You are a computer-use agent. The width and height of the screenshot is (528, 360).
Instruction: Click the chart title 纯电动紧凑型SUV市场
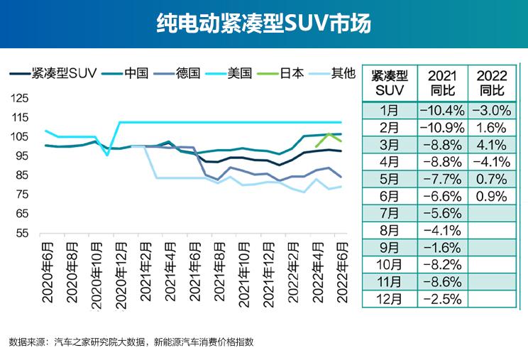pyautogui.click(x=263, y=24)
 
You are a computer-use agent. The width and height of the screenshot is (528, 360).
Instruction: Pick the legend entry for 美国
pyautogui.click(x=240, y=72)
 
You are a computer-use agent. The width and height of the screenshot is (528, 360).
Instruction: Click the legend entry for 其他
pyautogui.click(x=342, y=72)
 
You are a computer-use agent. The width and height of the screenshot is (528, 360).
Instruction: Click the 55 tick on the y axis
pyautogui.click(x=22, y=233)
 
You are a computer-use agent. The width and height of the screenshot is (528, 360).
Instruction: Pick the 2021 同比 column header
pyautogui.click(x=442, y=83)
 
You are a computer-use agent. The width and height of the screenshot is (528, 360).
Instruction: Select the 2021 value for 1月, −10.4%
pyautogui.click(x=442, y=110)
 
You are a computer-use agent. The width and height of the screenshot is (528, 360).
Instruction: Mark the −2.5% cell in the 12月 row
pyautogui.click(x=442, y=298)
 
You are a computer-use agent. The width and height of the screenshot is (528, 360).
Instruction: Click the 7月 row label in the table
pyautogui.click(x=390, y=212)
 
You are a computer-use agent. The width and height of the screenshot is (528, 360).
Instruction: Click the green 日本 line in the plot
pyautogui.click(x=329, y=136)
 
